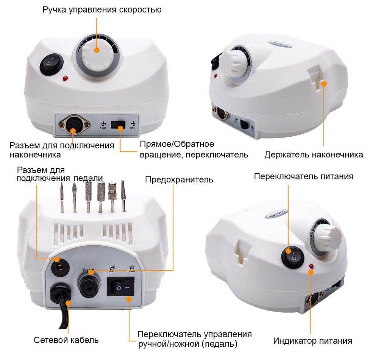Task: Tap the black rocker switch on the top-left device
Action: pyautogui.click(x=51, y=63)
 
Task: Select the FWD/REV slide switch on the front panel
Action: pyautogui.click(x=118, y=126)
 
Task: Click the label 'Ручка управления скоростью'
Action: pyautogui.click(x=102, y=9)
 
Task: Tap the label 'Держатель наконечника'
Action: pyautogui.click(x=314, y=154)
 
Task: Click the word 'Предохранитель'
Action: pyautogui.click(x=179, y=179)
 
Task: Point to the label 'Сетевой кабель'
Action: pyautogui.click(x=66, y=340)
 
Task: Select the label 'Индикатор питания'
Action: pyautogui.click(x=313, y=341)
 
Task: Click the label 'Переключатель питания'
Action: pyautogui.click(x=304, y=176)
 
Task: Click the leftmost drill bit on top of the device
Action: pyautogui.click(x=61, y=197)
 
